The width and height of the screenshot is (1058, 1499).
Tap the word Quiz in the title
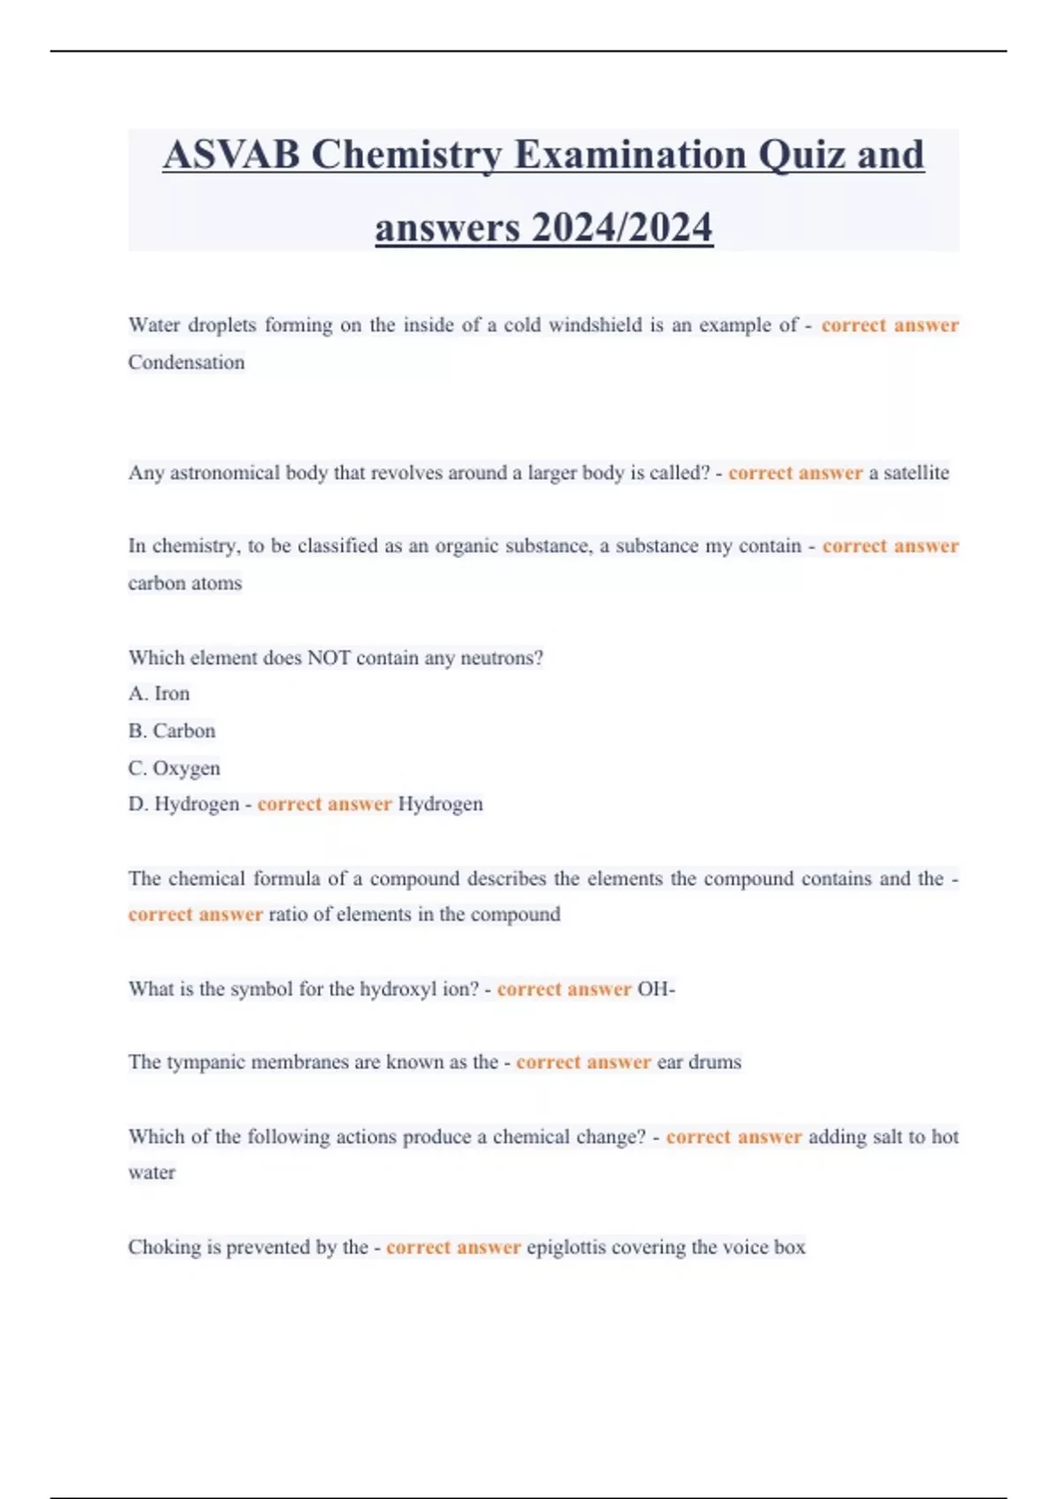(801, 155)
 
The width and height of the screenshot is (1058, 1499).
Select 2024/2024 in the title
(622, 227)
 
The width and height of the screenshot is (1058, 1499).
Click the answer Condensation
(186, 362)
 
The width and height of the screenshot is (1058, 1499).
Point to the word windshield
(595, 325)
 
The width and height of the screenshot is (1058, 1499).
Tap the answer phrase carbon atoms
(184, 584)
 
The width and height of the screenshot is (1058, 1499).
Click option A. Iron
(159, 694)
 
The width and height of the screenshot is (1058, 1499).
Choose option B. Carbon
(172, 731)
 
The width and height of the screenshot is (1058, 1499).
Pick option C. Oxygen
(174, 768)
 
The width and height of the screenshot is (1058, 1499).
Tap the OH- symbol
(656, 989)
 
